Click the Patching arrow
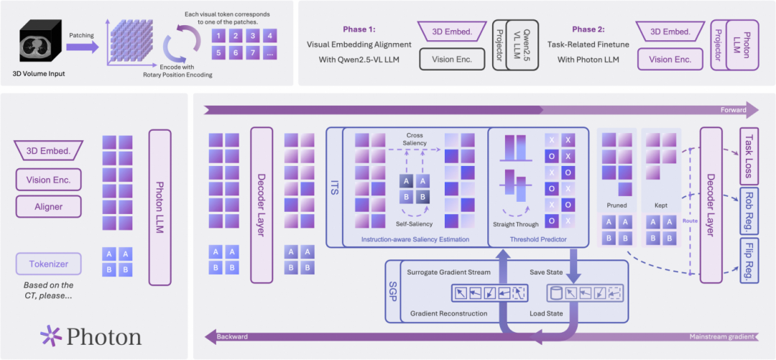click(82, 46)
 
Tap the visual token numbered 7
click(252, 53)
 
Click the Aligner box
click(49, 206)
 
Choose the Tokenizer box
click(49, 263)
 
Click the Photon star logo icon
click(51, 336)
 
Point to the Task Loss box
click(749, 155)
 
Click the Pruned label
click(616, 204)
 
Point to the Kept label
click(661, 204)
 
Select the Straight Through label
click(516, 224)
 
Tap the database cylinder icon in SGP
click(555, 293)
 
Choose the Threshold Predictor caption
click(538, 239)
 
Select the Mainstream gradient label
click(721, 337)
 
